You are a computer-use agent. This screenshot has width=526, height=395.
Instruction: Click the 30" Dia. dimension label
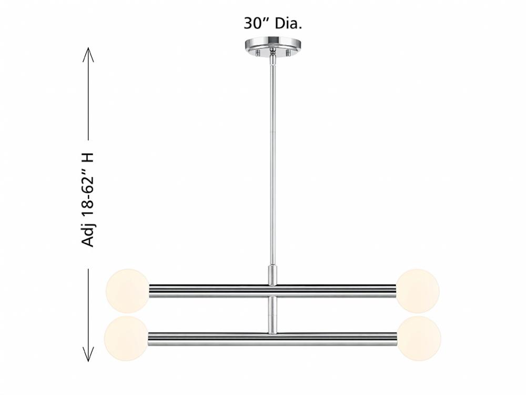[x=272, y=24]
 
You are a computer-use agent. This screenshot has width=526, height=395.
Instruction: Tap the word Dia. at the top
[x=288, y=24]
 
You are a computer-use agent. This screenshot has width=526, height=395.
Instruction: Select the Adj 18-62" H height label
[x=88, y=200]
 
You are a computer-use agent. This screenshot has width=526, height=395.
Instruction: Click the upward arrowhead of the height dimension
[x=88, y=54]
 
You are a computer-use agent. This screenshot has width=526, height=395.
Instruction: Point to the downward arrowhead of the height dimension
[x=88, y=353]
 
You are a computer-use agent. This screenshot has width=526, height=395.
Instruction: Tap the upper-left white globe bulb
[x=127, y=291]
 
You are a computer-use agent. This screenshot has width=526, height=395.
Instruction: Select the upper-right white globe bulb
[x=418, y=291]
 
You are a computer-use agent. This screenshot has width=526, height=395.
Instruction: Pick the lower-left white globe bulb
[x=126, y=338]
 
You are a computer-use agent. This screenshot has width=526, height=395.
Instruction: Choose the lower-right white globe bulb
[x=419, y=338]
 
